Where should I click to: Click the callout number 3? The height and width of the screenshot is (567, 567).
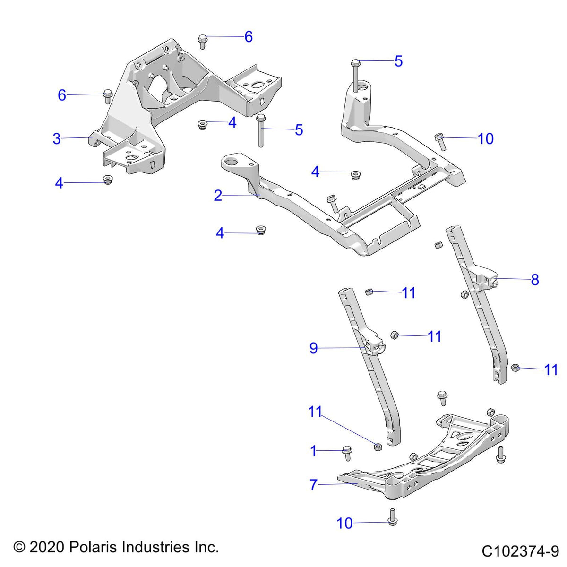(x=57, y=139)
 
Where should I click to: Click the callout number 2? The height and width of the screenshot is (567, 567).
(x=218, y=195)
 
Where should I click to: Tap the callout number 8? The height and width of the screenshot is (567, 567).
(x=535, y=280)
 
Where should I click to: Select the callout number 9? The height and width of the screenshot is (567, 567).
(x=313, y=348)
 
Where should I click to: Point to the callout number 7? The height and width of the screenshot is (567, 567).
(x=313, y=485)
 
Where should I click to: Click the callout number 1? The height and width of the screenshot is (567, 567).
(x=313, y=451)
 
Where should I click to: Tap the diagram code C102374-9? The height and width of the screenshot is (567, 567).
(x=520, y=551)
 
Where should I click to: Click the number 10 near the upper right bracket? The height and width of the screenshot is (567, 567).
(x=485, y=138)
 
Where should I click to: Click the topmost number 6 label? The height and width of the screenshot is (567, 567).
(x=249, y=37)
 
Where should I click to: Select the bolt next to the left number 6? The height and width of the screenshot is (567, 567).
(x=107, y=96)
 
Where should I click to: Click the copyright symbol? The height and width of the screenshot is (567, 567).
(x=19, y=547)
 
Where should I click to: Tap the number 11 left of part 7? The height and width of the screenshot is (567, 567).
(x=315, y=412)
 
